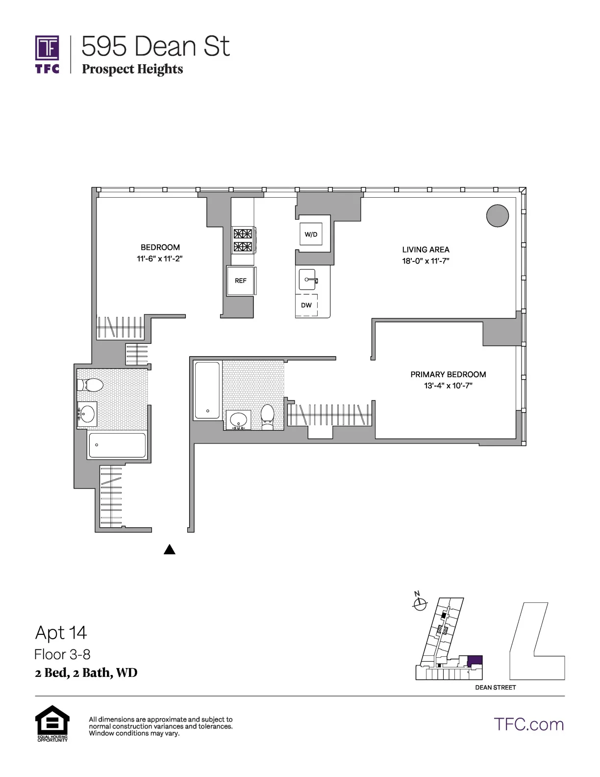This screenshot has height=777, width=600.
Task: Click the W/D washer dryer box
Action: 311,234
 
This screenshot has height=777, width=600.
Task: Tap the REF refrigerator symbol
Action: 240,281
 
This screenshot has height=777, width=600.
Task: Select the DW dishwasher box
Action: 306,305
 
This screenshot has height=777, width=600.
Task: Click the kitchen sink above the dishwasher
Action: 309,280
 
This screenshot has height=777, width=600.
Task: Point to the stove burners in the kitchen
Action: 242,240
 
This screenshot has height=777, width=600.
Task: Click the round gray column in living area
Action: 497,215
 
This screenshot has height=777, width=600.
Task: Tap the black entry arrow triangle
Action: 169,549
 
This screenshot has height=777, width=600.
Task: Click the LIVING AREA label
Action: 425,250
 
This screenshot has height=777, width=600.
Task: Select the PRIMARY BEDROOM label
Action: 448,374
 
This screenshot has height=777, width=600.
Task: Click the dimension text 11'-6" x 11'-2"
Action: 160,259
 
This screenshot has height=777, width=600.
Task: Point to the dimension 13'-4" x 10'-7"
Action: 448,386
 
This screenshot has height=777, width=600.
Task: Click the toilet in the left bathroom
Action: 90,385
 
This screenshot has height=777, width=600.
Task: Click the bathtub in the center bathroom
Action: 207,390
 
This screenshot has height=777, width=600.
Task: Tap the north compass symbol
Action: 420,604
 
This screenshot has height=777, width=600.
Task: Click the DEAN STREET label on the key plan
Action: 495,687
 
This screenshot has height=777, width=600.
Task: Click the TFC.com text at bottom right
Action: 528,724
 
